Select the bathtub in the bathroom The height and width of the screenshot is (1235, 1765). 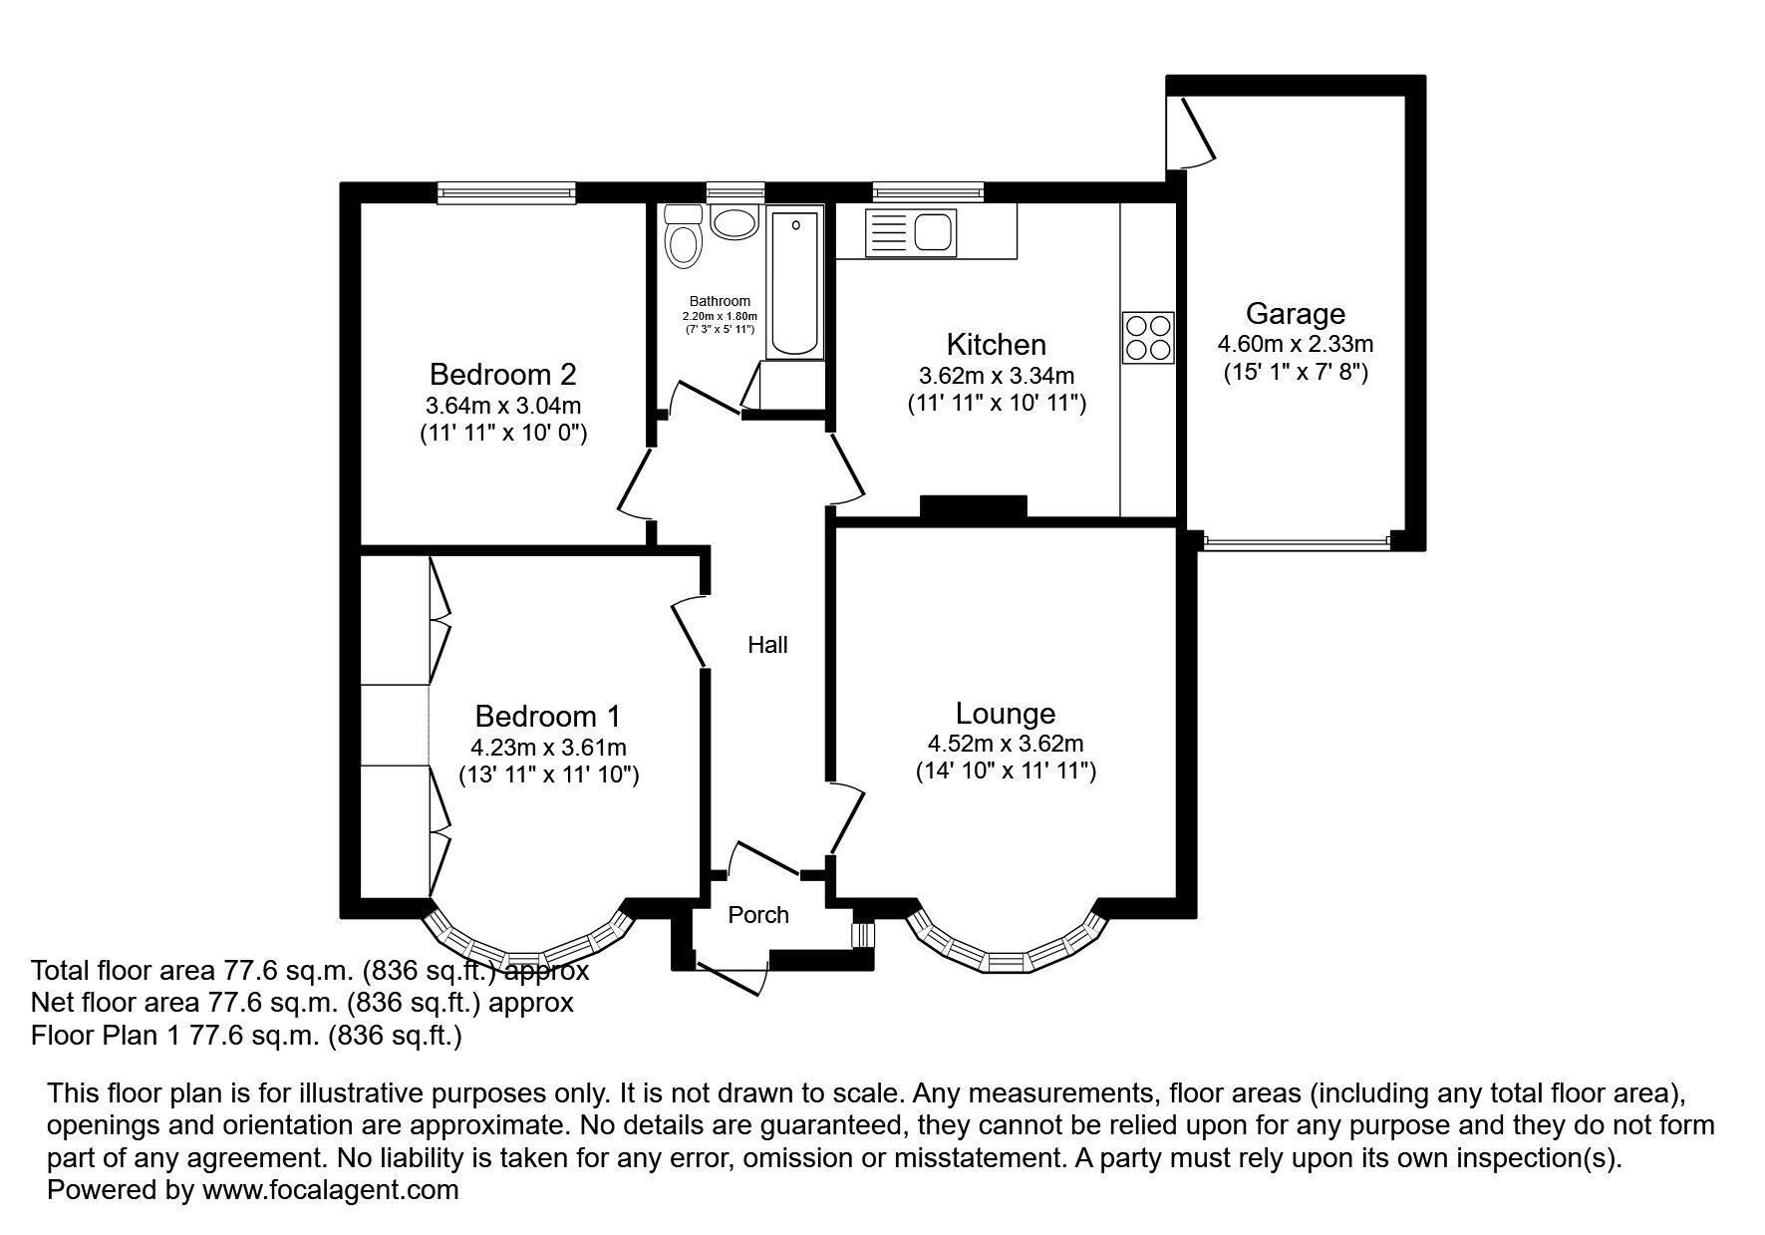[x=795, y=283]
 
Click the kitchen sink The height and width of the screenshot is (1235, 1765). [x=911, y=232]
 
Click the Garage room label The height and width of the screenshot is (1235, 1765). [x=1296, y=314]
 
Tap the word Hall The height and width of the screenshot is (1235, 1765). [x=768, y=645]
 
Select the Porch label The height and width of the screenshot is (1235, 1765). [x=758, y=915]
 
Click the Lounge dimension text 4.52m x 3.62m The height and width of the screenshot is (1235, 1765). [x=1006, y=744]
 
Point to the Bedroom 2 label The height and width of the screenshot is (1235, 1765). [x=503, y=375]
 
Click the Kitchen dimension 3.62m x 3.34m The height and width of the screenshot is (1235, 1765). [x=997, y=376]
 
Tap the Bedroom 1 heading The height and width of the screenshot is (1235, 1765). [x=548, y=716]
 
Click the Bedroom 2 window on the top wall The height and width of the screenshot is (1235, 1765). [x=506, y=192]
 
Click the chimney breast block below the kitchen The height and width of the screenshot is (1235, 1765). [x=973, y=507]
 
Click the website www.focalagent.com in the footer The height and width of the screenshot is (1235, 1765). [x=331, y=1189]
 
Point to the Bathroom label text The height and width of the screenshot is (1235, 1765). [x=720, y=301]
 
